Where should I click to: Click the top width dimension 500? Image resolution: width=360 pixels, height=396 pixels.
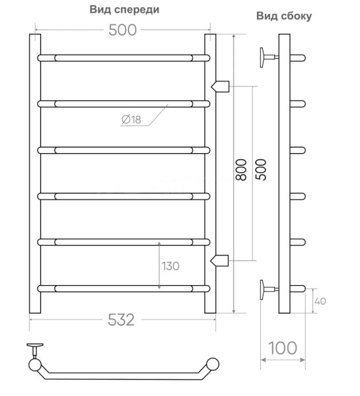point(123,30)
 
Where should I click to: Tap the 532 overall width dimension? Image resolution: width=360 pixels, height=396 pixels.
point(122,319)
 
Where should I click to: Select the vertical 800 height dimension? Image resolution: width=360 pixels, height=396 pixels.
point(241,170)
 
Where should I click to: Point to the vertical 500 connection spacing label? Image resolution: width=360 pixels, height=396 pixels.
point(261,170)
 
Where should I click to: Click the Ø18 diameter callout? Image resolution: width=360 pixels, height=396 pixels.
point(131,119)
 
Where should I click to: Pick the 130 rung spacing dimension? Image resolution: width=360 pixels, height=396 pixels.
point(170,266)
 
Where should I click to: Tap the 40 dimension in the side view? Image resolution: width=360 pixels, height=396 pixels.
point(320,301)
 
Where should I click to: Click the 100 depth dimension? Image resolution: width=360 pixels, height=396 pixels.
point(283,348)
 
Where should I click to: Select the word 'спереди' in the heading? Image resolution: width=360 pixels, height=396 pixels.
point(137,10)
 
